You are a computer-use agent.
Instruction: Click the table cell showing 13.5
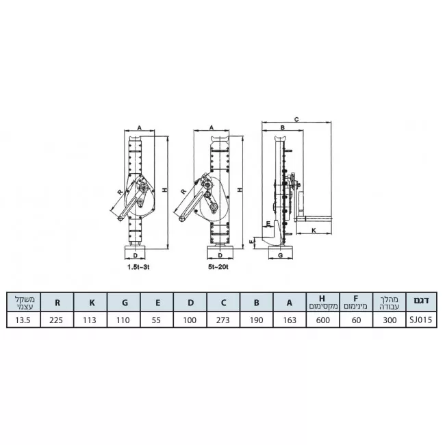(x=23, y=320)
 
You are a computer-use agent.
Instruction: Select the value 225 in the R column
(x=56, y=320)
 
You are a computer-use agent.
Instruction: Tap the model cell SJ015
(x=421, y=320)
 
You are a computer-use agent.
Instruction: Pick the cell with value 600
(x=323, y=320)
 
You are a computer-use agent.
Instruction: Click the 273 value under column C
(x=222, y=320)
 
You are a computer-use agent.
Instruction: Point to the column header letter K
(x=92, y=303)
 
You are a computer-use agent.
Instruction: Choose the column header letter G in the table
(x=125, y=303)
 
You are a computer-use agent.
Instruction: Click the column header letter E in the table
(x=157, y=303)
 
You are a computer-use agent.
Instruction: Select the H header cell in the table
(x=323, y=302)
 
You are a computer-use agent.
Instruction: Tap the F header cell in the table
(x=356, y=302)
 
